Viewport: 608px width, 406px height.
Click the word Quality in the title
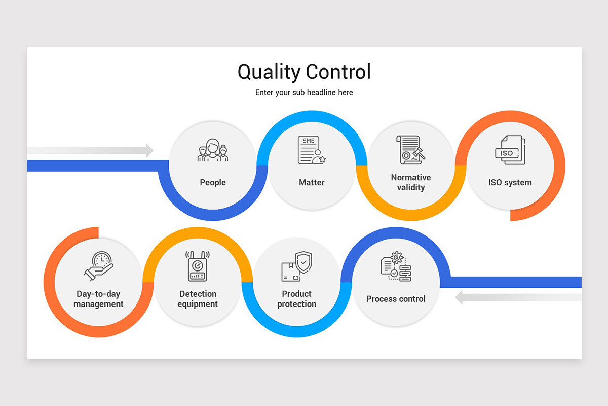269,73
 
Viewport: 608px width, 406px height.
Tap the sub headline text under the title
304,93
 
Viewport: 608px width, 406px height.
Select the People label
213,182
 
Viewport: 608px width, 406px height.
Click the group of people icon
213,151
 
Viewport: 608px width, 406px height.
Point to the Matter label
312,182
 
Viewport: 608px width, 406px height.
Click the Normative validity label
411,182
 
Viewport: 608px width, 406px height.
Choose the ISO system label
510,182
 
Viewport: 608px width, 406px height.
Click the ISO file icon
510,150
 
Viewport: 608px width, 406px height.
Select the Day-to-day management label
99,299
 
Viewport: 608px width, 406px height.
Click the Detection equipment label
198,299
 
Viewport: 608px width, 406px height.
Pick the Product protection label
297,299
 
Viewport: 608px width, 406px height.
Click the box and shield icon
297,266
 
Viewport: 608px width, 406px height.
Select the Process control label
396,299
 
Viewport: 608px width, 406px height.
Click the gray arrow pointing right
91,150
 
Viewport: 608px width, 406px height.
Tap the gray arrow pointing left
517,297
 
